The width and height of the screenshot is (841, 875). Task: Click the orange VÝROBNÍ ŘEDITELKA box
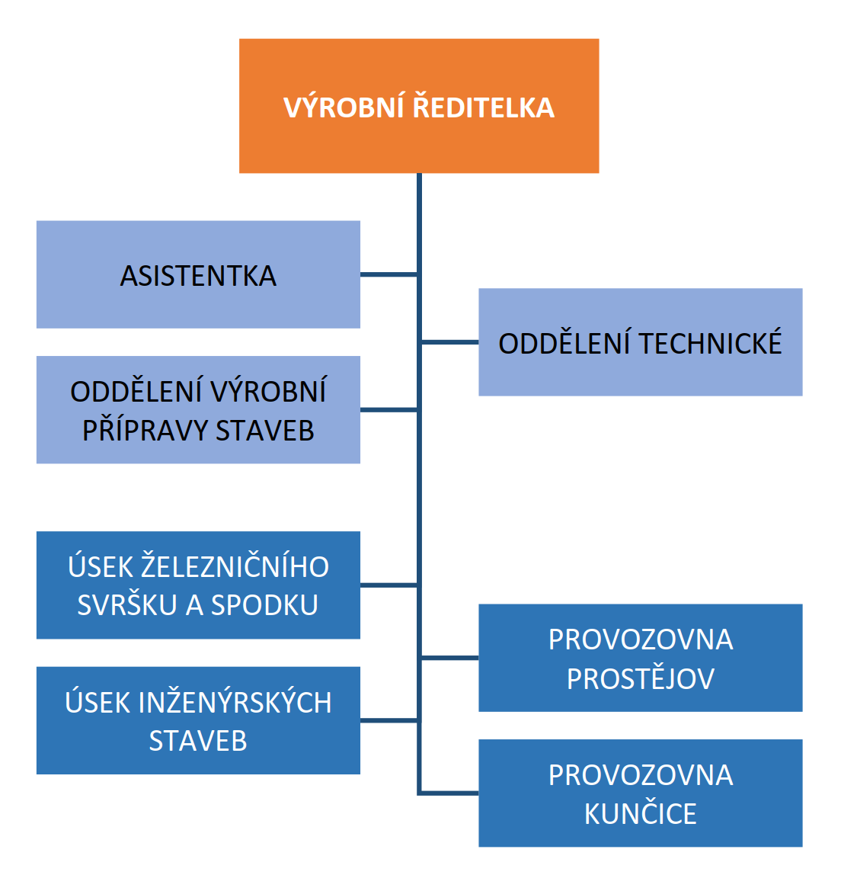419,105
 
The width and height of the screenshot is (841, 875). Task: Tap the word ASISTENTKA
198,276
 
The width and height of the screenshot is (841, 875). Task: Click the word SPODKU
264,605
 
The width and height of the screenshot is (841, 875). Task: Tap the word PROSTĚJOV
640,678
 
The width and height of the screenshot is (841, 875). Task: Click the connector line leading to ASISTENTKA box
389,274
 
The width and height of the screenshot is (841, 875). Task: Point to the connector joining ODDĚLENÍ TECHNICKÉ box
449,342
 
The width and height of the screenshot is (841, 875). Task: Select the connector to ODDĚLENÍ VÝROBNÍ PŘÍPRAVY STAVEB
389,409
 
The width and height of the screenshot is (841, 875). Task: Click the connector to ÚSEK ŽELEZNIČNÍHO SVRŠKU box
389,585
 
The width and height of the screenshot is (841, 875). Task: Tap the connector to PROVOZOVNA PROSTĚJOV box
449,658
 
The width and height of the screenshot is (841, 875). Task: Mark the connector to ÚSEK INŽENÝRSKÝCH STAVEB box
389,720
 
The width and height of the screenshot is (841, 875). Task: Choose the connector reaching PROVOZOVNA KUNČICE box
449,793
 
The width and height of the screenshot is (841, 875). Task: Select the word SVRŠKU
127,605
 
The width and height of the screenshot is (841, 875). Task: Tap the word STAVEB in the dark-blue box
198,741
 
